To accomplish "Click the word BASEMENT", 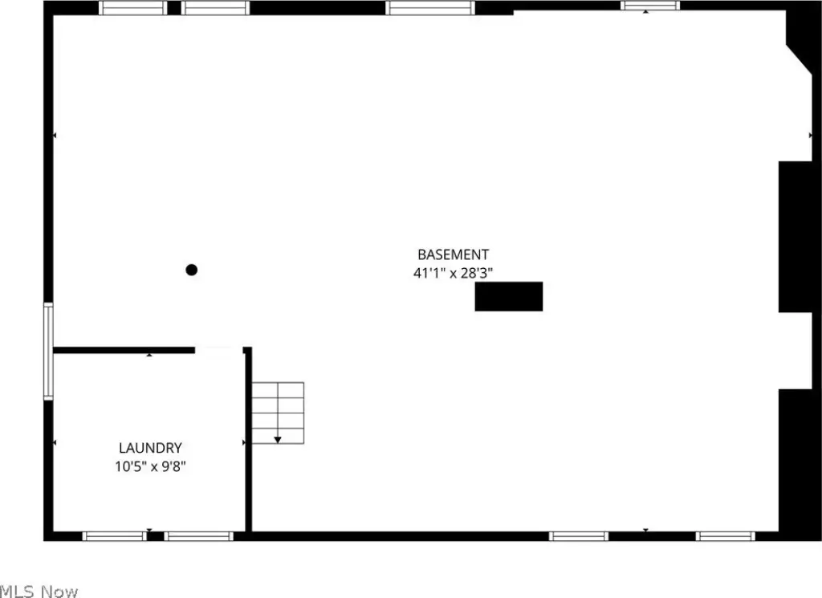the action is [x=453, y=254].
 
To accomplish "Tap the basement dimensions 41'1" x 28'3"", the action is [x=453, y=273].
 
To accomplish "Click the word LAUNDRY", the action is [x=150, y=448].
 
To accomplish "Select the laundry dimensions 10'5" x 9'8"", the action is [x=150, y=466].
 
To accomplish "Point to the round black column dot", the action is [x=192, y=270].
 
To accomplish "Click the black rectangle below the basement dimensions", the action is [x=508, y=297].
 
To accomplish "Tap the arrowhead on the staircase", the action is [x=278, y=440].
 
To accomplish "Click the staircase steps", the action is [x=278, y=413].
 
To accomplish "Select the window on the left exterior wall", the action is [x=48, y=351].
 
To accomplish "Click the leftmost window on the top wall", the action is [x=133, y=8].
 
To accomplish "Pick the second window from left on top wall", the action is [x=215, y=8].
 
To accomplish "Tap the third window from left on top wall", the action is [x=430, y=8].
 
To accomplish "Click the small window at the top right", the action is [x=650, y=6].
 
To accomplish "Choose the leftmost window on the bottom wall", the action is [x=115, y=536].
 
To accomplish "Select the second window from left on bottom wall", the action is [x=199, y=536].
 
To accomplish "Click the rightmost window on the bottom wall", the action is [x=726, y=536].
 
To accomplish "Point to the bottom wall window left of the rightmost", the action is [x=579, y=536].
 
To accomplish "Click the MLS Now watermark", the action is [x=39, y=592].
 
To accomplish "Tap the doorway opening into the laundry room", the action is [x=219, y=350].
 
